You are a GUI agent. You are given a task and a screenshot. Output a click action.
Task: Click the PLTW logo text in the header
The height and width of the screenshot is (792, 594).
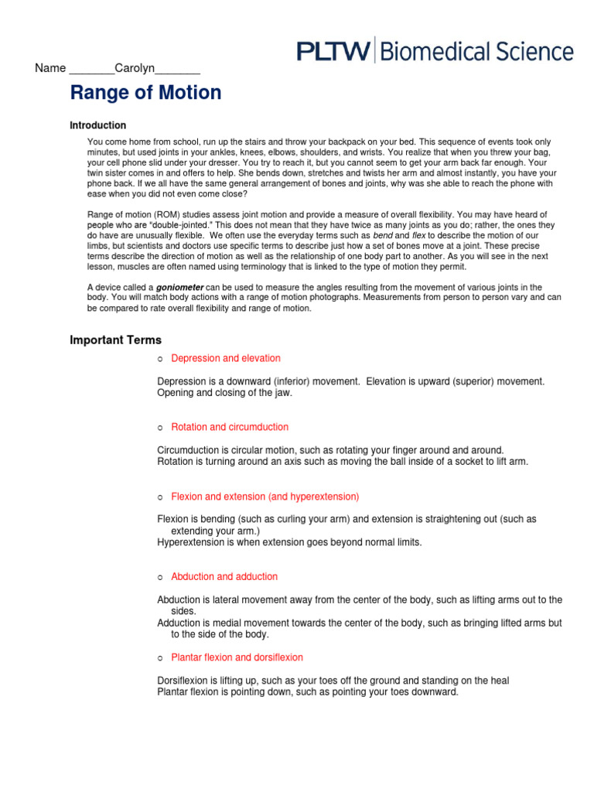click(x=334, y=52)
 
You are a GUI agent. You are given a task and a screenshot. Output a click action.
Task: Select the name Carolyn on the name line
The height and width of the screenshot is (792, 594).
click(x=135, y=69)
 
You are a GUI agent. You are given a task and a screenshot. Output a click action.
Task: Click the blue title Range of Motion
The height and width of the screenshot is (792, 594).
click(x=145, y=93)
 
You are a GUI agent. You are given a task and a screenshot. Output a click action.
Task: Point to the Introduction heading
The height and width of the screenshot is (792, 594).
click(x=97, y=125)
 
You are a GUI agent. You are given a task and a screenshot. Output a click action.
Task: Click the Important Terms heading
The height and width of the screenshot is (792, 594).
click(x=116, y=340)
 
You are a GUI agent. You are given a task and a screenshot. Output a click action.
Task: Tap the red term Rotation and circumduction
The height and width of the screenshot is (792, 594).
click(x=230, y=427)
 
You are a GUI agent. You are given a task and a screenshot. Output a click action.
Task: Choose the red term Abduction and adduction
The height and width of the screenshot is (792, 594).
click(x=224, y=576)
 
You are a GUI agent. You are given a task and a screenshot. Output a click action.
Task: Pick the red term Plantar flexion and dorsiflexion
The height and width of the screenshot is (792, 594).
click(x=237, y=657)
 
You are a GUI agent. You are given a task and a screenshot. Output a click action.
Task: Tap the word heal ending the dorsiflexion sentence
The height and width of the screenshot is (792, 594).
click(x=499, y=681)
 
